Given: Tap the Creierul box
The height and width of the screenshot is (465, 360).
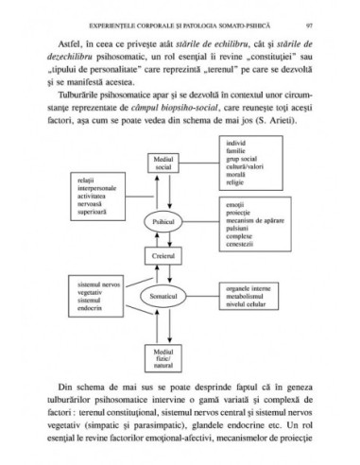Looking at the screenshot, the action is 164,257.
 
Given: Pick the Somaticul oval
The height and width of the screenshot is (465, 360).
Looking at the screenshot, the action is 164,295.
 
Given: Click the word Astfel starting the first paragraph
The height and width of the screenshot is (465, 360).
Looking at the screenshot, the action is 67,43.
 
